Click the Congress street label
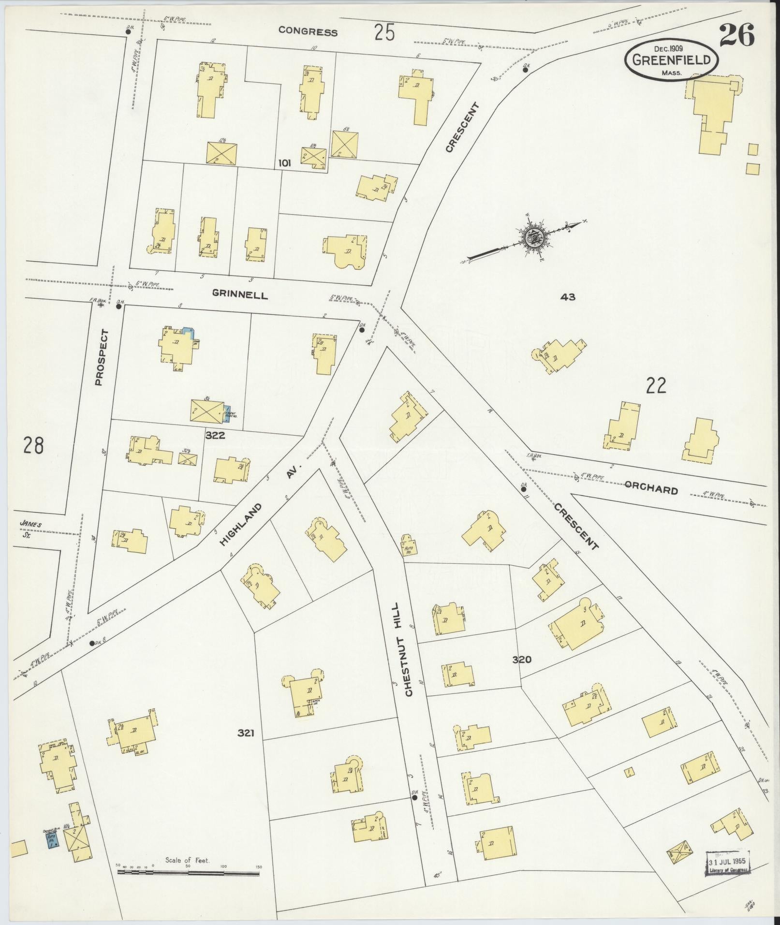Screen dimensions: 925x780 point(308,32)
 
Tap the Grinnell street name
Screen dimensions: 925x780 point(240,294)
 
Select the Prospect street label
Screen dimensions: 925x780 point(100,357)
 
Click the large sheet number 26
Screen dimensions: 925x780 point(736,36)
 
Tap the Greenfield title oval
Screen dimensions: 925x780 point(671,60)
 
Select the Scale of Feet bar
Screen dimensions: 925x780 point(189,873)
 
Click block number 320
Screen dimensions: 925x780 point(522,659)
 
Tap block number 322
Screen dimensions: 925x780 point(215,435)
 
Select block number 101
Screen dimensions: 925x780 point(284,163)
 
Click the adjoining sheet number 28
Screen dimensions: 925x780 point(33,445)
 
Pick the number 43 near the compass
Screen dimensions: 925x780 point(568,297)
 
